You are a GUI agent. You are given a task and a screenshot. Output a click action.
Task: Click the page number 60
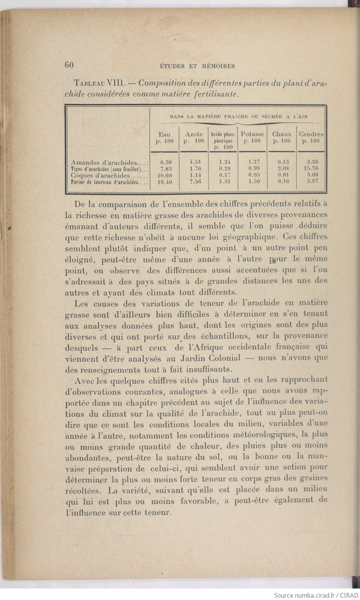[69, 65]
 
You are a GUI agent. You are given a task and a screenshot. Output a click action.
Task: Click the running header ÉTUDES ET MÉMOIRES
[196, 66]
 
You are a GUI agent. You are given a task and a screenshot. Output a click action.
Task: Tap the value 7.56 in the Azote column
[195, 182]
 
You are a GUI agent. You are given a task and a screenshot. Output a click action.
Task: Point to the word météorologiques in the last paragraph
[263, 435]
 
